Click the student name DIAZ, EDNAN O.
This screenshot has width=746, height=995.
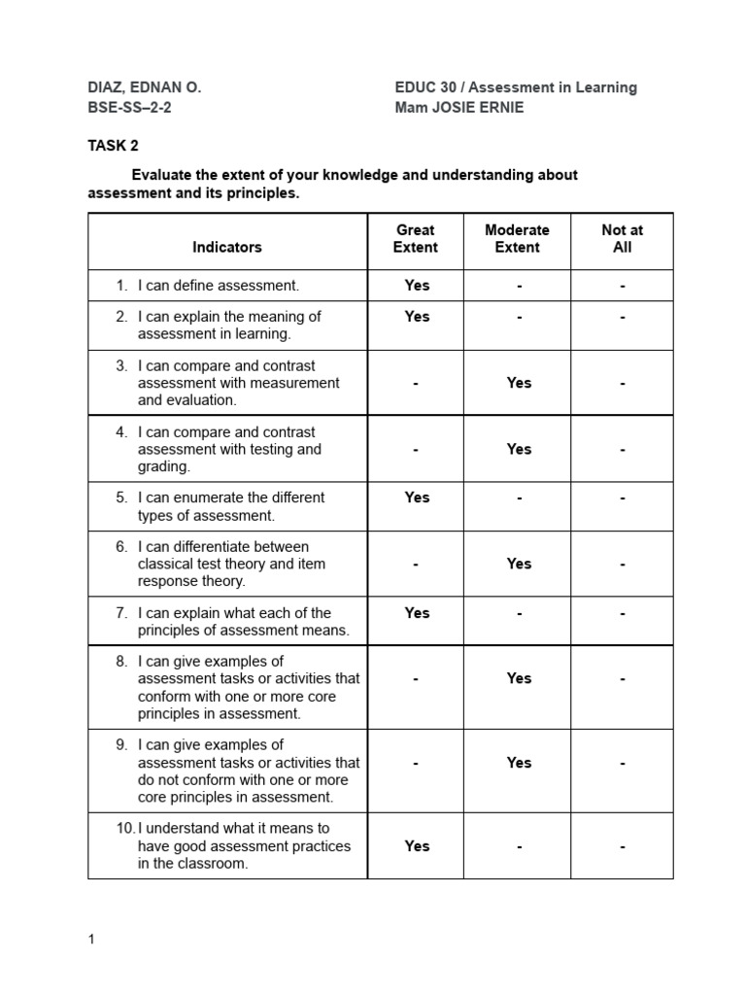[145, 87]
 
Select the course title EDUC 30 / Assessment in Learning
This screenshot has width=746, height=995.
[516, 87]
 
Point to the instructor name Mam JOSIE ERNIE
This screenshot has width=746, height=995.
[458, 108]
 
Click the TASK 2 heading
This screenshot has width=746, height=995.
[114, 146]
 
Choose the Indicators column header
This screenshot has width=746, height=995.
[227, 247]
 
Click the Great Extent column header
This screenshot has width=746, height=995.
[415, 239]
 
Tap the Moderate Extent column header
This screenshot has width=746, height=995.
[517, 239]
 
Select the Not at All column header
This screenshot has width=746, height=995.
[622, 239]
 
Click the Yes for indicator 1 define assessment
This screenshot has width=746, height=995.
[417, 286]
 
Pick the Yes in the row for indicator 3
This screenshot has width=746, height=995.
[519, 383]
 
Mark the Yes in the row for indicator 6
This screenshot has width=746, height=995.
[519, 564]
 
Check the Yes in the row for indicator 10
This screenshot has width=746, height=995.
[417, 846]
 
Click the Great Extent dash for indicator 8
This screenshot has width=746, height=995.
[415, 679]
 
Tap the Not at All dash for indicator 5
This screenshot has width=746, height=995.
[622, 497]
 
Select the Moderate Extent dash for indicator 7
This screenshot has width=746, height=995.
[519, 613]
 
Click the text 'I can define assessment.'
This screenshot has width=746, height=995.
[219, 286]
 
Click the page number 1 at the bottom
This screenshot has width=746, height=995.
[91, 940]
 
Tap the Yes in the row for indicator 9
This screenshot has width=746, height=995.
[519, 763]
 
